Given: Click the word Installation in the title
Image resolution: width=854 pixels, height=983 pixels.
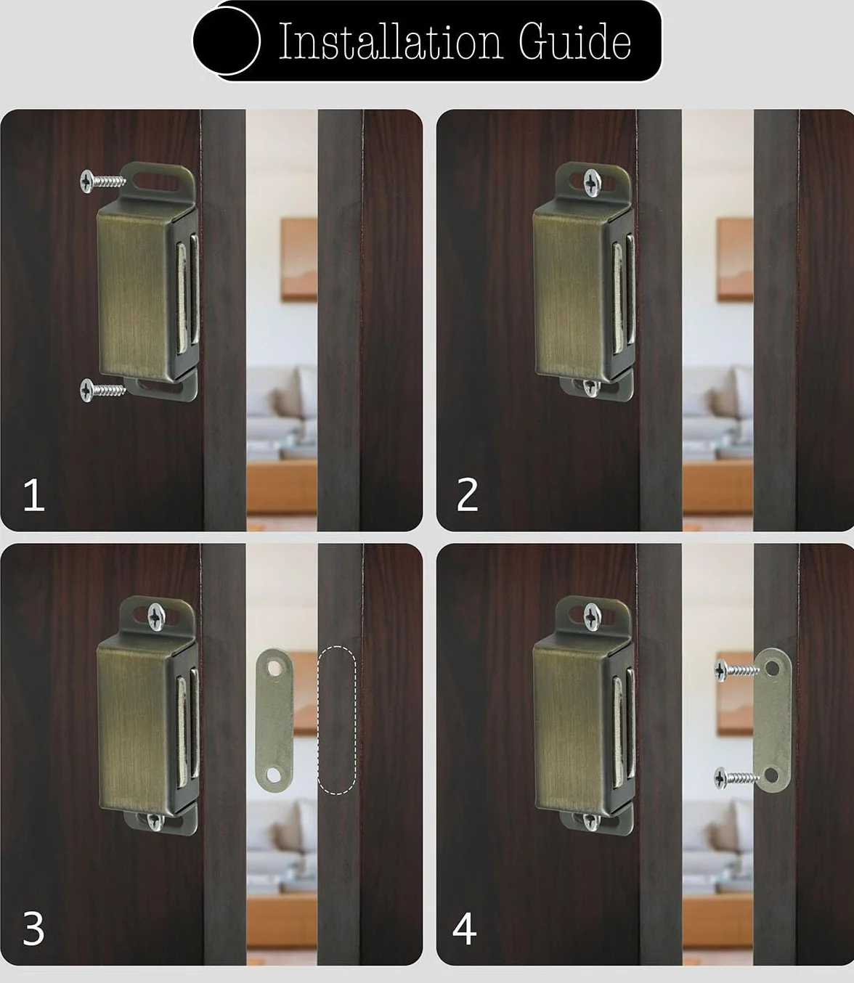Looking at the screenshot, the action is (x=390, y=42).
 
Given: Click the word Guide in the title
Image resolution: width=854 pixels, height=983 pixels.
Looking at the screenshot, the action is (x=575, y=42).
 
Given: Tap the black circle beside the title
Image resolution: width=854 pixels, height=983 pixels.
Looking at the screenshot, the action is (x=227, y=41).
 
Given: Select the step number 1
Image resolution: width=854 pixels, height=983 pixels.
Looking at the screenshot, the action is (x=33, y=495).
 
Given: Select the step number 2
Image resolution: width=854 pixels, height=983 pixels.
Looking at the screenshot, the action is (x=467, y=494).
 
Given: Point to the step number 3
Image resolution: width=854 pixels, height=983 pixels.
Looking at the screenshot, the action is (x=33, y=929).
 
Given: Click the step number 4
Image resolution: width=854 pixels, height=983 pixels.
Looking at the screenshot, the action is (x=465, y=929).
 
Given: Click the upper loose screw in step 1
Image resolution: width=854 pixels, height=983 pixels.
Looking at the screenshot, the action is (x=102, y=181).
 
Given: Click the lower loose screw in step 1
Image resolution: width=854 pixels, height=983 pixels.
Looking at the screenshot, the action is (x=102, y=389).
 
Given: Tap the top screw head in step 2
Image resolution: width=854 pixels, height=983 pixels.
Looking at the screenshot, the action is (x=592, y=182).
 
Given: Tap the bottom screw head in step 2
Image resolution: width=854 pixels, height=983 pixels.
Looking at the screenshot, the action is (x=591, y=387).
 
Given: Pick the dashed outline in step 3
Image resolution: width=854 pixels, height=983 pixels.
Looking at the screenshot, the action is (x=337, y=720).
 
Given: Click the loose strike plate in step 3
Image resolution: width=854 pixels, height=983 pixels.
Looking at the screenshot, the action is (x=274, y=719).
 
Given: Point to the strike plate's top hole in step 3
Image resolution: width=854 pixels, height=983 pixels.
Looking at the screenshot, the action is (x=274, y=668).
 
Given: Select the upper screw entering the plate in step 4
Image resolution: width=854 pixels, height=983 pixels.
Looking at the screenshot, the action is (x=737, y=670).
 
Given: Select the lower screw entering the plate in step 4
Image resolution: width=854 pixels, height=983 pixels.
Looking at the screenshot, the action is (x=737, y=778).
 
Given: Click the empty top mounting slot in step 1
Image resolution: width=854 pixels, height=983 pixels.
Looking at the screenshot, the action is (x=154, y=181).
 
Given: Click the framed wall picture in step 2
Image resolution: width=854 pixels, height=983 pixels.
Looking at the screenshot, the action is (x=736, y=259).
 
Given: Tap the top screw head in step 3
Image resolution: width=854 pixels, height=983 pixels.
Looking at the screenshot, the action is (x=156, y=616).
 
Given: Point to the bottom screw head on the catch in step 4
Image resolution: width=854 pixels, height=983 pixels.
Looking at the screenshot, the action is (x=591, y=822).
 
